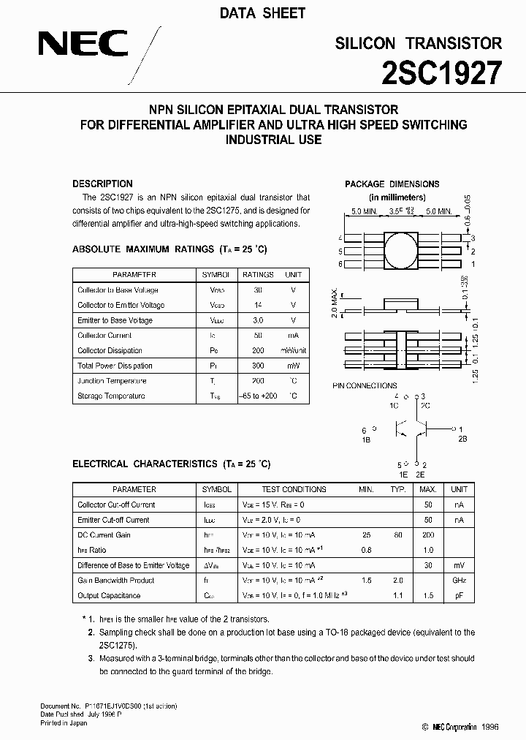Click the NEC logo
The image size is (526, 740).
coord(83,46)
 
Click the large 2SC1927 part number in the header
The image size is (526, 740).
coord(442,74)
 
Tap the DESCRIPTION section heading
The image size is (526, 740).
coord(102,184)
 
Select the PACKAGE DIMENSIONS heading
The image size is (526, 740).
coord(392,184)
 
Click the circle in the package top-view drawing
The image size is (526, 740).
coord(401,250)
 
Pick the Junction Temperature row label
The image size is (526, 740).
coord(111,381)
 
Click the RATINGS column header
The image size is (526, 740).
coord(257,275)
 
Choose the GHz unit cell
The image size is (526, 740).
coord(459,581)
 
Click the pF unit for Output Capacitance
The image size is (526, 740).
coord(459,596)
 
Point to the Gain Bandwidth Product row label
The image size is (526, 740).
coord(116,581)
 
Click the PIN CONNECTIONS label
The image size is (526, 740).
coord(365,385)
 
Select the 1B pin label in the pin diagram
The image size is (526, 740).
coord(367,439)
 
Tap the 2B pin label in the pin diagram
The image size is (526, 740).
coord(462,439)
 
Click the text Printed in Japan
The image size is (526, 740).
coord(64,723)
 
